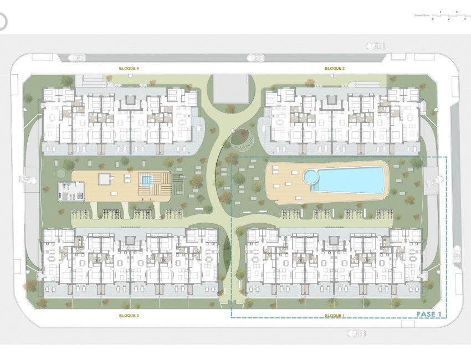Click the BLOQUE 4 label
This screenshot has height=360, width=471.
pos(129,68)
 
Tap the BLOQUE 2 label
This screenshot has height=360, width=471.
pos(335,68)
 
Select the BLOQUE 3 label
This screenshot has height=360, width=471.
pos(129,315)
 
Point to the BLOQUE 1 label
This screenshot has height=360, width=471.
pos(335,315)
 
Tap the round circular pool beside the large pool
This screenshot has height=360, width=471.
pos(310,177)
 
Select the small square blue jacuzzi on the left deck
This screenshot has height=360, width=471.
pos(146,180)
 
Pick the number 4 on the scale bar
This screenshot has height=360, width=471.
pos(464,19)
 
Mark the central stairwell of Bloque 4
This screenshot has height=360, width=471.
pos(131,100)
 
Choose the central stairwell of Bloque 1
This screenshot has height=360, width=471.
pos(334,239)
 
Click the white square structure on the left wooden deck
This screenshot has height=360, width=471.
pos(104,178)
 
